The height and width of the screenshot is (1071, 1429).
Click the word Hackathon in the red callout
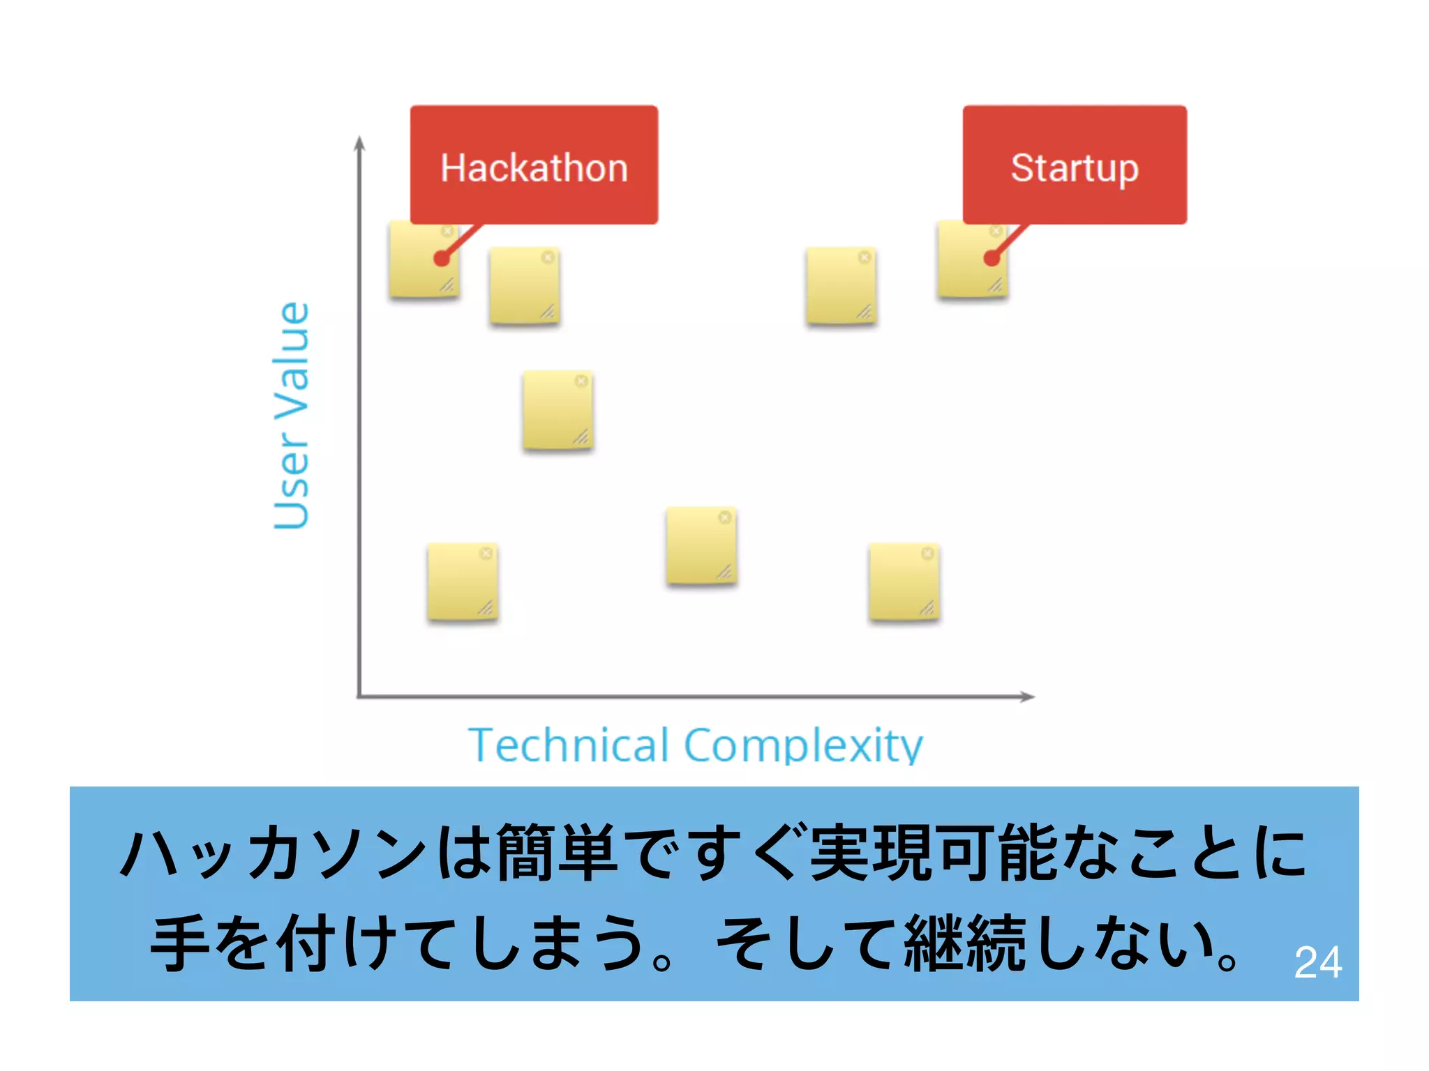click(534, 168)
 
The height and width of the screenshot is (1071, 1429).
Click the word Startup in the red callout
click(1075, 168)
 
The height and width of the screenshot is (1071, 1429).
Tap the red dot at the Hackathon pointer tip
click(442, 259)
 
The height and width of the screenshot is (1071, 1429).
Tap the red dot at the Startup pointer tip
click(992, 259)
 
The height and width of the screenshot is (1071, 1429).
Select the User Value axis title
click(292, 416)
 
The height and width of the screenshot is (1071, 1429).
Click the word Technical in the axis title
click(568, 745)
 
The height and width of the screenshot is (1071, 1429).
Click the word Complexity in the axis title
click(803, 745)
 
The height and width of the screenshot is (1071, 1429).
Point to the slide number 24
click(1317, 963)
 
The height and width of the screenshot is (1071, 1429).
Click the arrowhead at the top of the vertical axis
click(359, 142)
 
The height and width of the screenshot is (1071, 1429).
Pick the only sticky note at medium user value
click(558, 410)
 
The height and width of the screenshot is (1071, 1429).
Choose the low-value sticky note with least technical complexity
click(462, 582)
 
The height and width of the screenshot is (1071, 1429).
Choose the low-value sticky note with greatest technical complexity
click(904, 582)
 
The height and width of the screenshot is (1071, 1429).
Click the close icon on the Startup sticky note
click(996, 231)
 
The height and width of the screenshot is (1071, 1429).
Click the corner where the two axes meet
click(359, 696)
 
